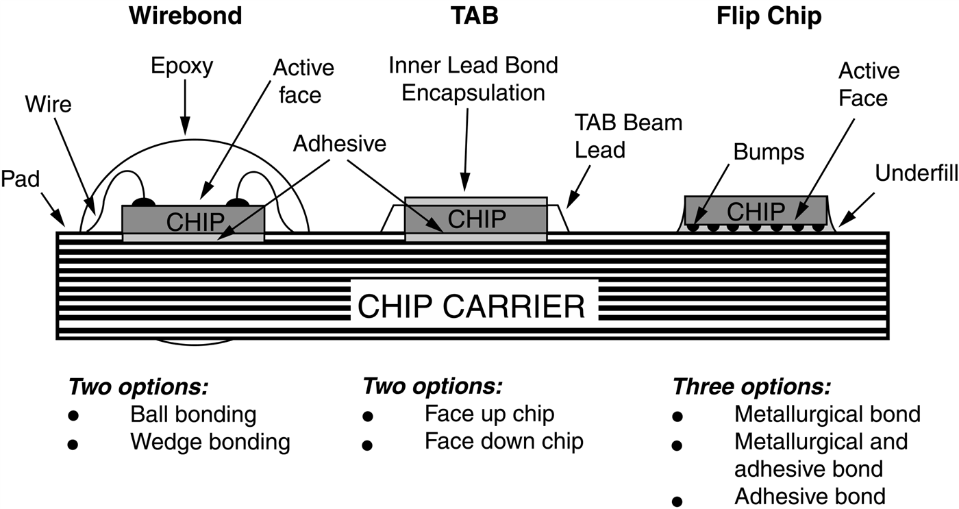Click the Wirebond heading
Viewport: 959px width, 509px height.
point(186,15)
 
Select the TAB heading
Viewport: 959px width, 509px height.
point(476,15)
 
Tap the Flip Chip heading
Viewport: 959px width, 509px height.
point(769,16)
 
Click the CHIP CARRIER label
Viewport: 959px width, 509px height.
point(472,307)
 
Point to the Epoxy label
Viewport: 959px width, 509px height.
point(183,66)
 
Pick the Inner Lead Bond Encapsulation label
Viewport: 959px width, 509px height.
point(473,79)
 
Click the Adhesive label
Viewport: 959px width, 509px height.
point(340,143)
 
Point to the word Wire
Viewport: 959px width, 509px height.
point(48,105)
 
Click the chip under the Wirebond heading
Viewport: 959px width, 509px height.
point(193,219)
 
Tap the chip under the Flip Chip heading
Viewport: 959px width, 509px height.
point(755,210)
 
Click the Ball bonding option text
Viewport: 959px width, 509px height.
point(193,414)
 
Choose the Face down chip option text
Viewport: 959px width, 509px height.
point(503,440)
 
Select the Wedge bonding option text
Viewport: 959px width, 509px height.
point(210,441)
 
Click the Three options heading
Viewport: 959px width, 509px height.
point(751,387)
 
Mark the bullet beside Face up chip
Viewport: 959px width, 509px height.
point(368,417)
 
